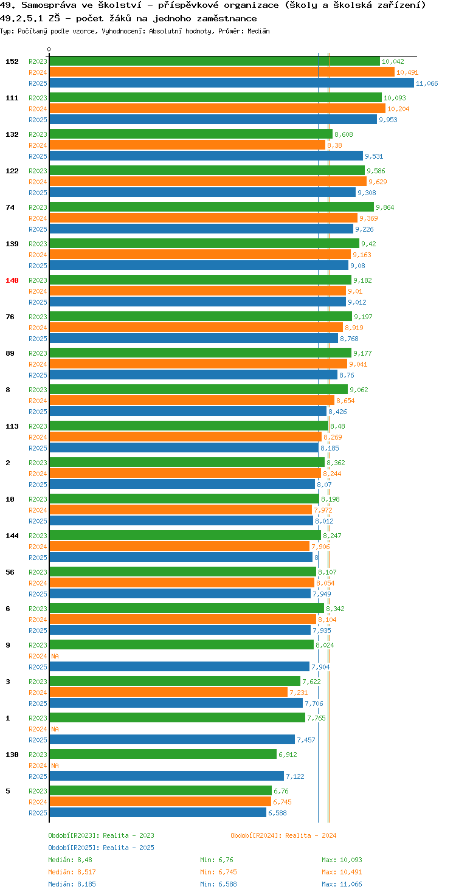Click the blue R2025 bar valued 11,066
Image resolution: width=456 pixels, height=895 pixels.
(x=232, y=83)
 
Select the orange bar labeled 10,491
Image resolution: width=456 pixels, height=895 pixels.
(x=222, y=72)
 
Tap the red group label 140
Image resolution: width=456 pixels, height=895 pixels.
(x=12, y=280)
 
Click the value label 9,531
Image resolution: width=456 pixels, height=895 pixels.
(x=374, y=156)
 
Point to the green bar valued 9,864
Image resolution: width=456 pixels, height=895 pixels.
(x=212, y=207)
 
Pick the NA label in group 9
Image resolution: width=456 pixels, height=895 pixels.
(x=55, y=656)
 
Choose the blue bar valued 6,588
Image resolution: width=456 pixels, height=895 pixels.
(x=158, y=812)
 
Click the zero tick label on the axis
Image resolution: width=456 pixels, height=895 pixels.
(x=49, y=49)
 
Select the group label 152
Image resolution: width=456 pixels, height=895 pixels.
(x=12, y=61)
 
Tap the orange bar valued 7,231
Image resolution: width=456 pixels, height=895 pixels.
(x=168, y=692)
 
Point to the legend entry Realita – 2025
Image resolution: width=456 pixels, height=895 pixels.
(x=128, y=848)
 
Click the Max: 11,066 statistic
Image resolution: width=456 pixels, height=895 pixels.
(x=342, y=884)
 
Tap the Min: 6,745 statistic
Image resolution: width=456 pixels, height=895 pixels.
(x=219, y=872)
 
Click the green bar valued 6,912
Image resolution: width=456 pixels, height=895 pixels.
(x=163, y=754)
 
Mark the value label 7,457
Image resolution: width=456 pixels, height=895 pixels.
(x=306, y=740)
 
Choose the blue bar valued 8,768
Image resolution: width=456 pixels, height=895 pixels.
(x=194, y=339)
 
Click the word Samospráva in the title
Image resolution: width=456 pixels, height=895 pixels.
(x=49, y=5)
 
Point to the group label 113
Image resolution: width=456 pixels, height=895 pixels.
(x=12, y=426)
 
